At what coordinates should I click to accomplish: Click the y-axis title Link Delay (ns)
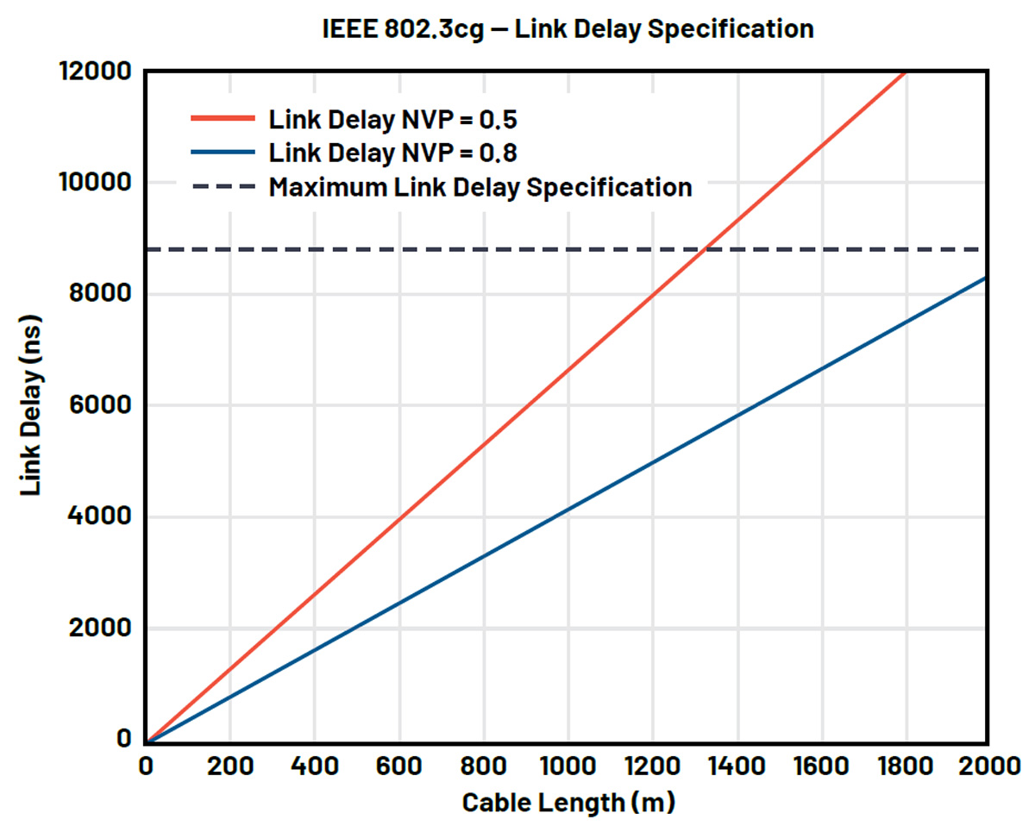click(32, 404)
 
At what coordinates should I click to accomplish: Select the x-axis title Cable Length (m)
click(568, 802)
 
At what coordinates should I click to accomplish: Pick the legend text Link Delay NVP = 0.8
click(392, 153)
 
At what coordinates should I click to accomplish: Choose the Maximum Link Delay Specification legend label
click(480, 186)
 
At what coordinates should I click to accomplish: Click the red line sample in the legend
click(223, 119)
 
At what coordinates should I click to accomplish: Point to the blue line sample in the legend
click(223, 153)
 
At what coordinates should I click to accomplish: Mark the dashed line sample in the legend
click(223, 186)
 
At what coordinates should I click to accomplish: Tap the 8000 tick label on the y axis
click(97, 294)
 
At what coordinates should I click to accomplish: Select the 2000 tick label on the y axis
click(97, 629)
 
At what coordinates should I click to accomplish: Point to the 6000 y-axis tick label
click(97, 405)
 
